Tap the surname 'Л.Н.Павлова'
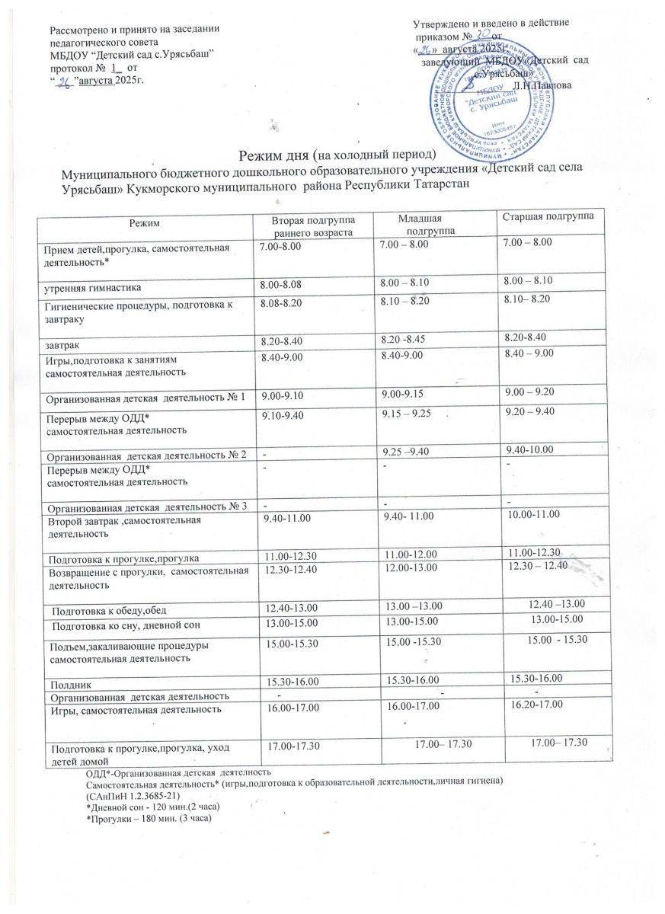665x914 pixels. pos(564,85)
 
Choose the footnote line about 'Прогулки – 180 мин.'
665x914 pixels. pos(149,818)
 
